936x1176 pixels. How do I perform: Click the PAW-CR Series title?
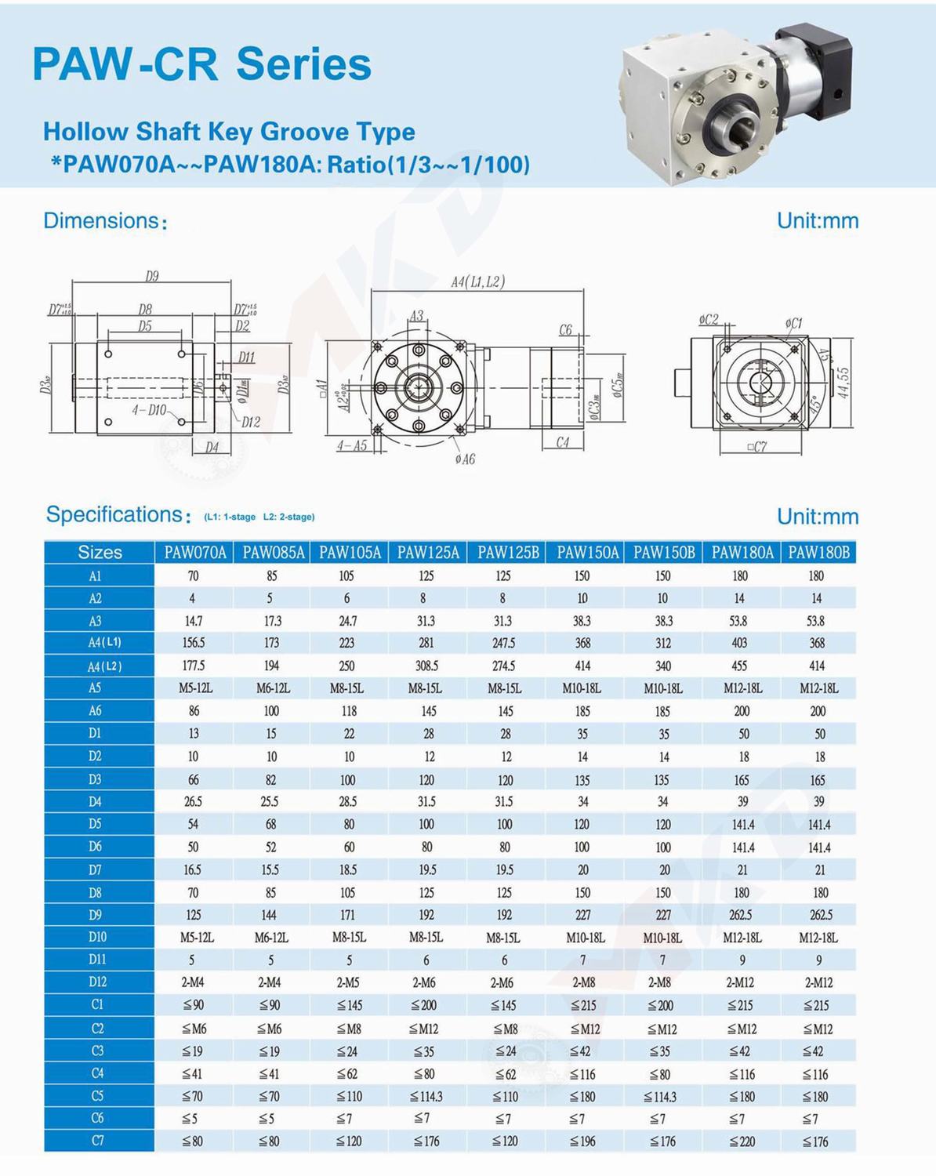coord(201,64)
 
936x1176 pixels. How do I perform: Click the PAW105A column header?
coord(350,553)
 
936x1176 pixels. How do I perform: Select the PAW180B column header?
coord(818,553)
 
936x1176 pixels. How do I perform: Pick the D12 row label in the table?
coord(98,982)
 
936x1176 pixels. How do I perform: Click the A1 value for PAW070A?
coord(194,575)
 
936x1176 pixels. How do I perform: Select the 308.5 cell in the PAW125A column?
coord(426,666)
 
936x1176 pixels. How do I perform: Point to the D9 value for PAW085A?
coord(271,915)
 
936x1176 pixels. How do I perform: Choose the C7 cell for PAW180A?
coord(741,1142)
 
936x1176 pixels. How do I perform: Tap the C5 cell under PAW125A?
coord(426,1096)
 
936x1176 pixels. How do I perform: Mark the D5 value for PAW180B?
coord(819,825)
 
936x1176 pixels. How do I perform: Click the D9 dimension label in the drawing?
coord(152,276)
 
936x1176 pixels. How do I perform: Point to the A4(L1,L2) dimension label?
coord(477,282)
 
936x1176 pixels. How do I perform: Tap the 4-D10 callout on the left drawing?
coord(148,410)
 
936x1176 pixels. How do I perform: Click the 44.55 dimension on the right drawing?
coord(843,383)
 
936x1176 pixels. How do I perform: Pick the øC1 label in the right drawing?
coord(793,323)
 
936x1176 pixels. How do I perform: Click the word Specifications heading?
coord(114,514)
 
